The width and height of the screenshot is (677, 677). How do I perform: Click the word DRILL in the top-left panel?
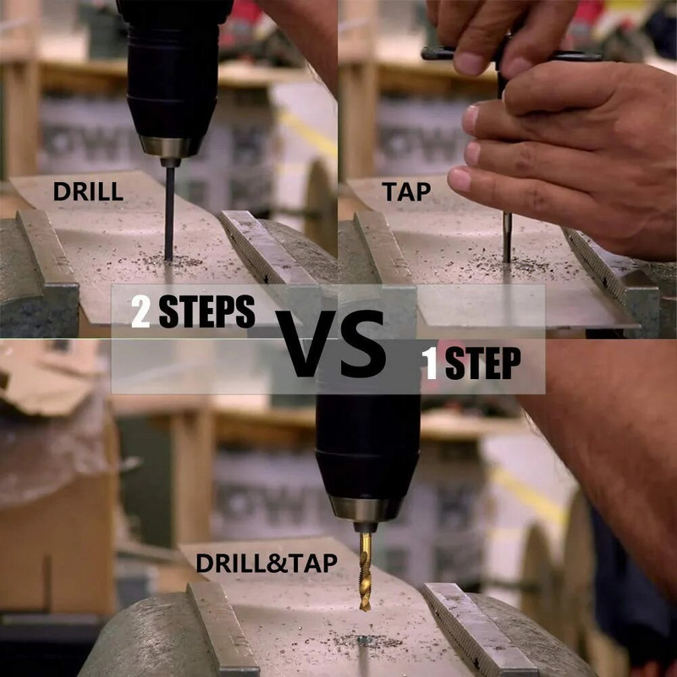[88, 191]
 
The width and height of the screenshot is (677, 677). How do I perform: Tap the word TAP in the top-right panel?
[406, 192]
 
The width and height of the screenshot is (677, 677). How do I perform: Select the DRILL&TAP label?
[267, 563]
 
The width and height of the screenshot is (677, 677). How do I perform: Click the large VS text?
[330, 344]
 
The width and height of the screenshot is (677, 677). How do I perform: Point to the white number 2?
[140, 311]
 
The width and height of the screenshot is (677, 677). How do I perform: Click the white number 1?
[430, 363]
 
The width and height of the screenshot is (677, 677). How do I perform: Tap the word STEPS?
[206, 311]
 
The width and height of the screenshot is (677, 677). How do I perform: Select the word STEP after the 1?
[482, 363]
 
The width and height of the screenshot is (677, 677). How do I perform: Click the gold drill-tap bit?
[366, 570]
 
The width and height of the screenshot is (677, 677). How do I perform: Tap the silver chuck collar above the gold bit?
[366, 509]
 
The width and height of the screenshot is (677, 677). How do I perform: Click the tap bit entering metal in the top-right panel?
[507, 237]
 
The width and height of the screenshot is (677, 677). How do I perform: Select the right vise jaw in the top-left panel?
[267, 246]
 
